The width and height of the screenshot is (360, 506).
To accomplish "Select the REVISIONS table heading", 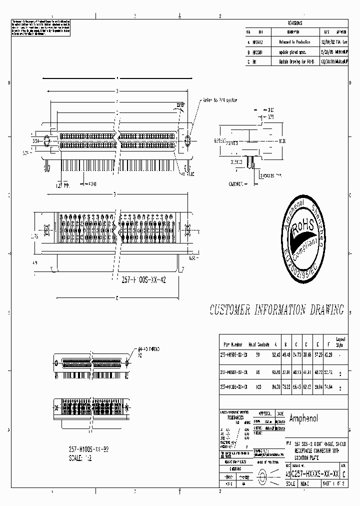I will pyautogui.click(x=295, y=23).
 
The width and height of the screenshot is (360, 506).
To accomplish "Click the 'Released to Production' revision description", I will pyautogui.click(x=294, y=42).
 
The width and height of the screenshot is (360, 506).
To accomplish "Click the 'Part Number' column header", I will pyautogui.click(x=233, y=344).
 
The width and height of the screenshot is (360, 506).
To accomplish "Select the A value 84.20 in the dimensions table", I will pyautogui.click(x=275, y=386).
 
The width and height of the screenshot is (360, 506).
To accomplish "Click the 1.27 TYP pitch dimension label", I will pyautogui.click(x=63, y=184).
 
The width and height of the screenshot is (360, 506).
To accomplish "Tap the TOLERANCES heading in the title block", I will pyautogui.click(x=232, y=417).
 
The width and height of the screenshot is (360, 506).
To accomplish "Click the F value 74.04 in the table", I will pyautogui.click(x=328, y=386).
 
